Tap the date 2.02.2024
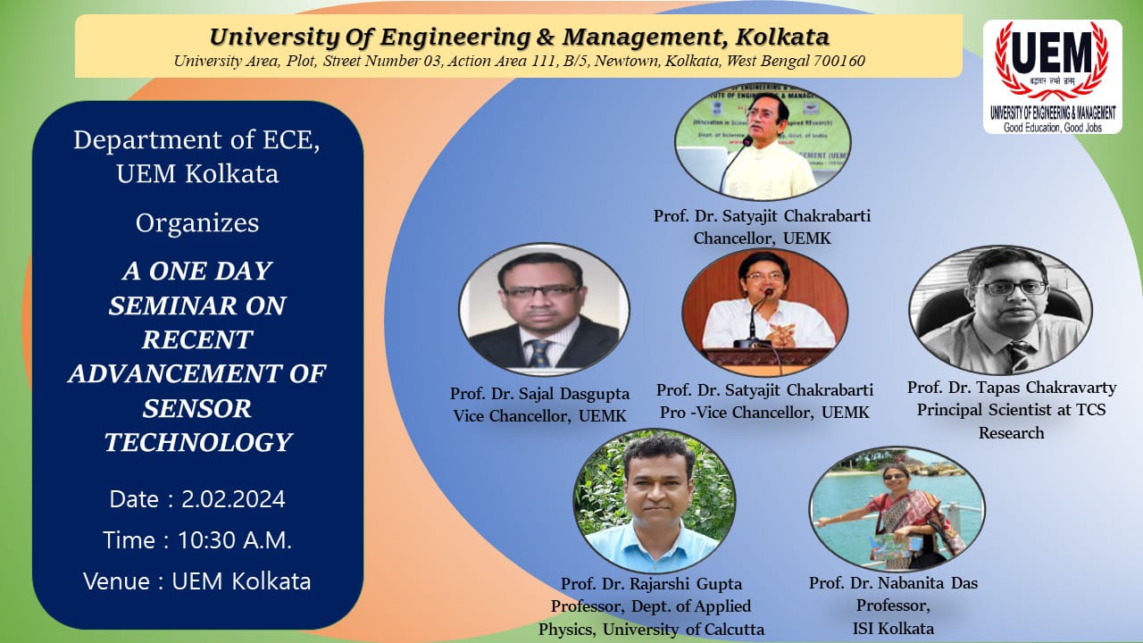click(x=233, y=499)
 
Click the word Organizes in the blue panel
click(x=197, y=222)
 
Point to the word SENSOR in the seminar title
click(x=197, y=408)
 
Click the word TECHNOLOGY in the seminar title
click(x=197, y=442)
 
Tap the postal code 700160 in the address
click(x=839, y=61)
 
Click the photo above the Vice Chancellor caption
click(x=544, y=309)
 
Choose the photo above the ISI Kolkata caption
click(x=897, y=508)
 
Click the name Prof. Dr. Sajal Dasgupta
click(x=539, y=394)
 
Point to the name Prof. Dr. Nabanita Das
click(x=893, y=583)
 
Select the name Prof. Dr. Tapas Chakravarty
click(x=1011, y=388)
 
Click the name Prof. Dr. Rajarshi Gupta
click(x=651, y=584)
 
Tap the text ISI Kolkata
click(x=893, y=629)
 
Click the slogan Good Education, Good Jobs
click(x=1053, y=127)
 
